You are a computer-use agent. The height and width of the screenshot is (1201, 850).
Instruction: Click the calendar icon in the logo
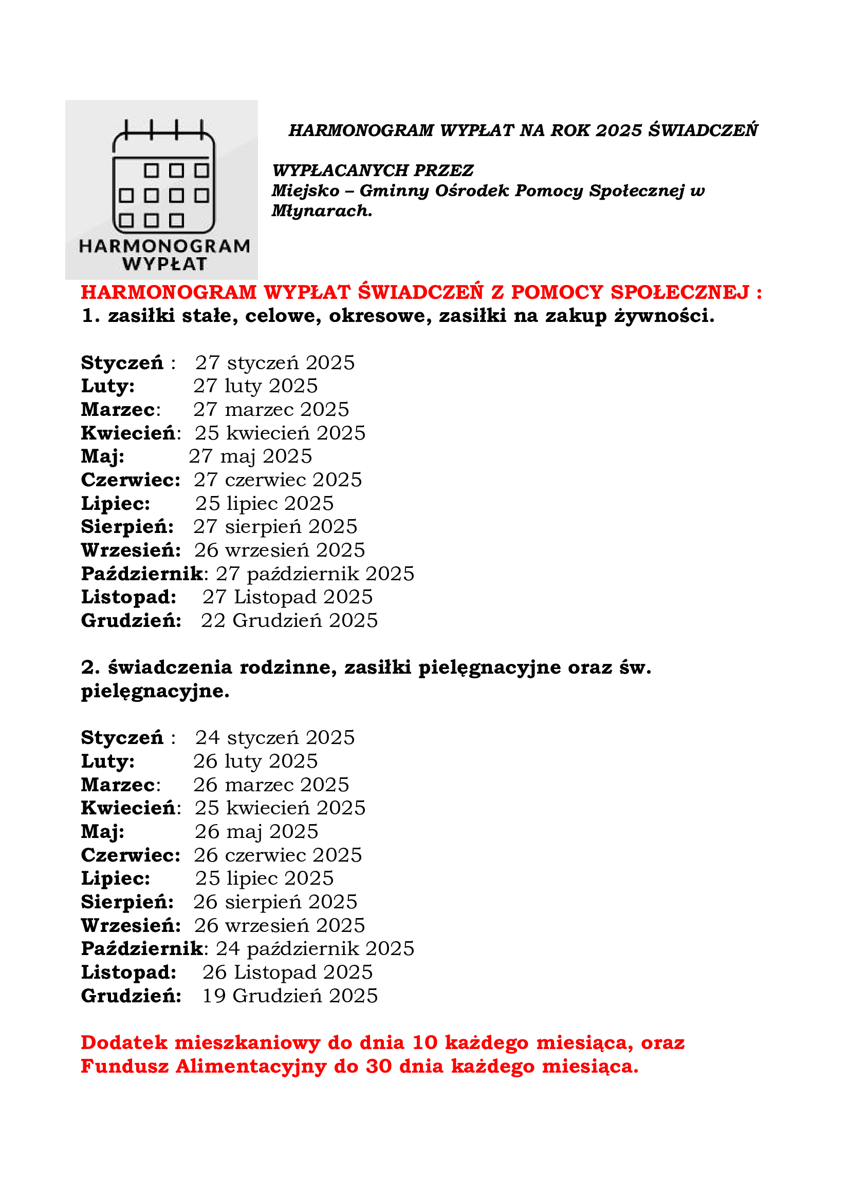164,176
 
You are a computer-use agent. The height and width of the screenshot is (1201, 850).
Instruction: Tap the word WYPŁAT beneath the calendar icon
164,264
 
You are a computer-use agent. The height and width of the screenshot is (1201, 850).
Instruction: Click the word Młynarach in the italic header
321,211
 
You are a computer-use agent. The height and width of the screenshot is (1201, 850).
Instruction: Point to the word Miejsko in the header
305,191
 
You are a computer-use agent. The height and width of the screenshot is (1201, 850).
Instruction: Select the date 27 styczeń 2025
275,363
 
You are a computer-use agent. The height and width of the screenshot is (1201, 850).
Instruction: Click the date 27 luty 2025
255,386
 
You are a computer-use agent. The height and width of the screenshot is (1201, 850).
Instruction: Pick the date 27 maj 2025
250,456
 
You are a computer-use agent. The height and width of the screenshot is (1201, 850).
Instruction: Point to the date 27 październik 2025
315,574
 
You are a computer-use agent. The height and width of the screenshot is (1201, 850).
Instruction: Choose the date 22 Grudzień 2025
289,620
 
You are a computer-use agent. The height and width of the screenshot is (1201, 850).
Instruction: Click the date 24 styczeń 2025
275,737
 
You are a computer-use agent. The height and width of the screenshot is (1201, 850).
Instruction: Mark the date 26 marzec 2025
271,785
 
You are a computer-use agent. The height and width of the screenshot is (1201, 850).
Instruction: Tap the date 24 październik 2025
315,948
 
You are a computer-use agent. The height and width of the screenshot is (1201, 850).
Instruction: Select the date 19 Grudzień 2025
289,996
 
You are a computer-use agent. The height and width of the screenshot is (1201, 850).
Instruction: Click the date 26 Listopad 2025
287,972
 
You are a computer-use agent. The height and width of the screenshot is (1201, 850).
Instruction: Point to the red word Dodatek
124,1042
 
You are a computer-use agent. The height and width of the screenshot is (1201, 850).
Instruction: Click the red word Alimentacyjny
251,1066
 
